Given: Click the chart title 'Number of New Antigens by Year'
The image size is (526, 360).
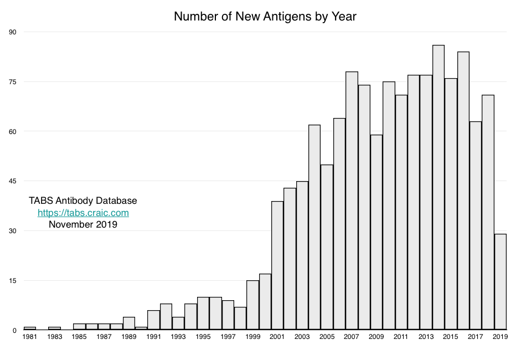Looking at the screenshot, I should point(265,17).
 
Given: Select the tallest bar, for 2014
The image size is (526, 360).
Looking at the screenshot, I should point(439,188).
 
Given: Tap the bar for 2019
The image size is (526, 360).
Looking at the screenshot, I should point(501,282).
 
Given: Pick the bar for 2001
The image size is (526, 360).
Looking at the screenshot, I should point(277,266).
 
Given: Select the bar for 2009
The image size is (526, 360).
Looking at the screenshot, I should point(377,233).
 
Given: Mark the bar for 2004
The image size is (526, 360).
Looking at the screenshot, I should point(314,227).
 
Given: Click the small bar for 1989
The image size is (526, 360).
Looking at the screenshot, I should point(129,323).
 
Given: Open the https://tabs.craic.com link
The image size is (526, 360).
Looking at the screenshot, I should point(83,213).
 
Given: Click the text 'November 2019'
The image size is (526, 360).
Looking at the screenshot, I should point(83,224).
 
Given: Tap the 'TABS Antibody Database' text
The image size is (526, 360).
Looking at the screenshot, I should point(83,200).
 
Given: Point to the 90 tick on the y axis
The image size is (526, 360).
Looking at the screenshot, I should point(13,32).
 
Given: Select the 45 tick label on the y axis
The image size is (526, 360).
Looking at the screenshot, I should point(13,181).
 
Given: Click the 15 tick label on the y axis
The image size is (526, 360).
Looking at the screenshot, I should point(13,281).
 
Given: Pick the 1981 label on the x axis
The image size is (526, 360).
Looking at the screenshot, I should point(30,337).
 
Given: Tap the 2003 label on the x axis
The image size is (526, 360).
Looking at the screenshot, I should point(302,337).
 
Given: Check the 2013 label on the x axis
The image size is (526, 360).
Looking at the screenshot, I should point(426,337).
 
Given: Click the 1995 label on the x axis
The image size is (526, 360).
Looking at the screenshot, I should point(203,337).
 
